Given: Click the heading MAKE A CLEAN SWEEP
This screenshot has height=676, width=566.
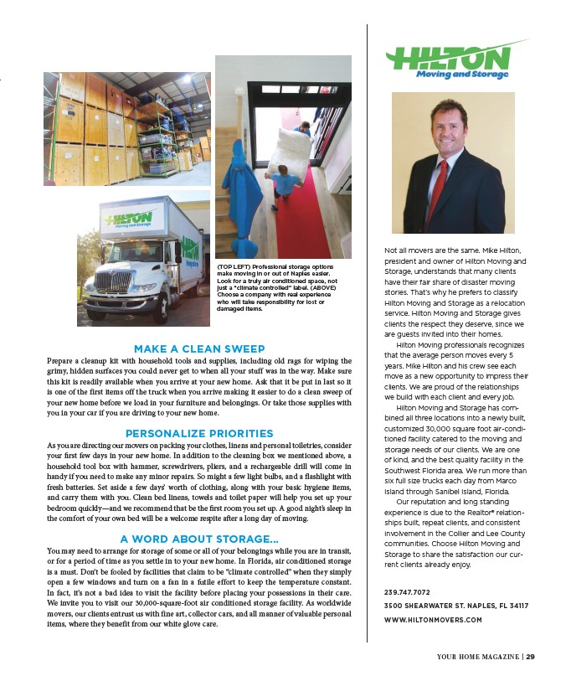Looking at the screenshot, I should (199, 348).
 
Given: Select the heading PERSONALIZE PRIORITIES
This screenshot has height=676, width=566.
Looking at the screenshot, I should (199, 433).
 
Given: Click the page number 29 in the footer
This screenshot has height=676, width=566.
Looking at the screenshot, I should (531, 657).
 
